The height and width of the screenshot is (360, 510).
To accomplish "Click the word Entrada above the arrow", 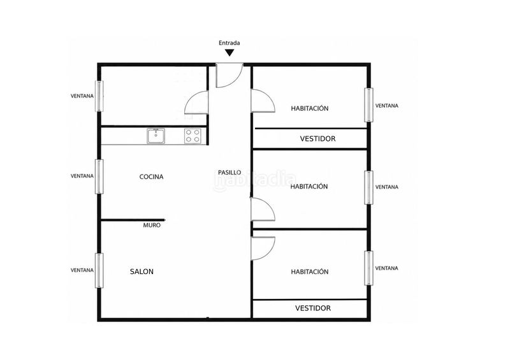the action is point(229,43).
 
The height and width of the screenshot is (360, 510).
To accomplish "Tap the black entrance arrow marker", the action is point(229,52).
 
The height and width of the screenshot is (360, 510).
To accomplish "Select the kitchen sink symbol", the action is point(156,136).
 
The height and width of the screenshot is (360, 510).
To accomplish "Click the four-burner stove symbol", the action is point(193,136).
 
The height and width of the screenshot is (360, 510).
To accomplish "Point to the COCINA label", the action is point(151,177).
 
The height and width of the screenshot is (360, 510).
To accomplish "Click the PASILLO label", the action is point(229,173).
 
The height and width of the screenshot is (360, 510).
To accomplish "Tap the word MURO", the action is point(152,225).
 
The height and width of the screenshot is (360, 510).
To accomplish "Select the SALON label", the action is point(142,271).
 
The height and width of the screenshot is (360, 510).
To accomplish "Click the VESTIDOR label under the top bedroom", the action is point(317,139).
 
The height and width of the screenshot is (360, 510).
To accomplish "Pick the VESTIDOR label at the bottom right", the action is point(313,308).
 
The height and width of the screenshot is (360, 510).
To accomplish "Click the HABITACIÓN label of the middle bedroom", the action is point(309,187).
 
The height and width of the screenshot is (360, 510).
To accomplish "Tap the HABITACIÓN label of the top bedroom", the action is point(310,108).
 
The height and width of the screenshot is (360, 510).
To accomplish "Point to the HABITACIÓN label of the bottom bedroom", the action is point(310,271).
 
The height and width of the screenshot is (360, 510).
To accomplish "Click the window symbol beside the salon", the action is point(99,271).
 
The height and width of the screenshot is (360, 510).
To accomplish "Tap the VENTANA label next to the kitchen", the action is point(82,176).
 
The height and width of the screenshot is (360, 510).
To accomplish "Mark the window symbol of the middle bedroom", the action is point(368,187).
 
